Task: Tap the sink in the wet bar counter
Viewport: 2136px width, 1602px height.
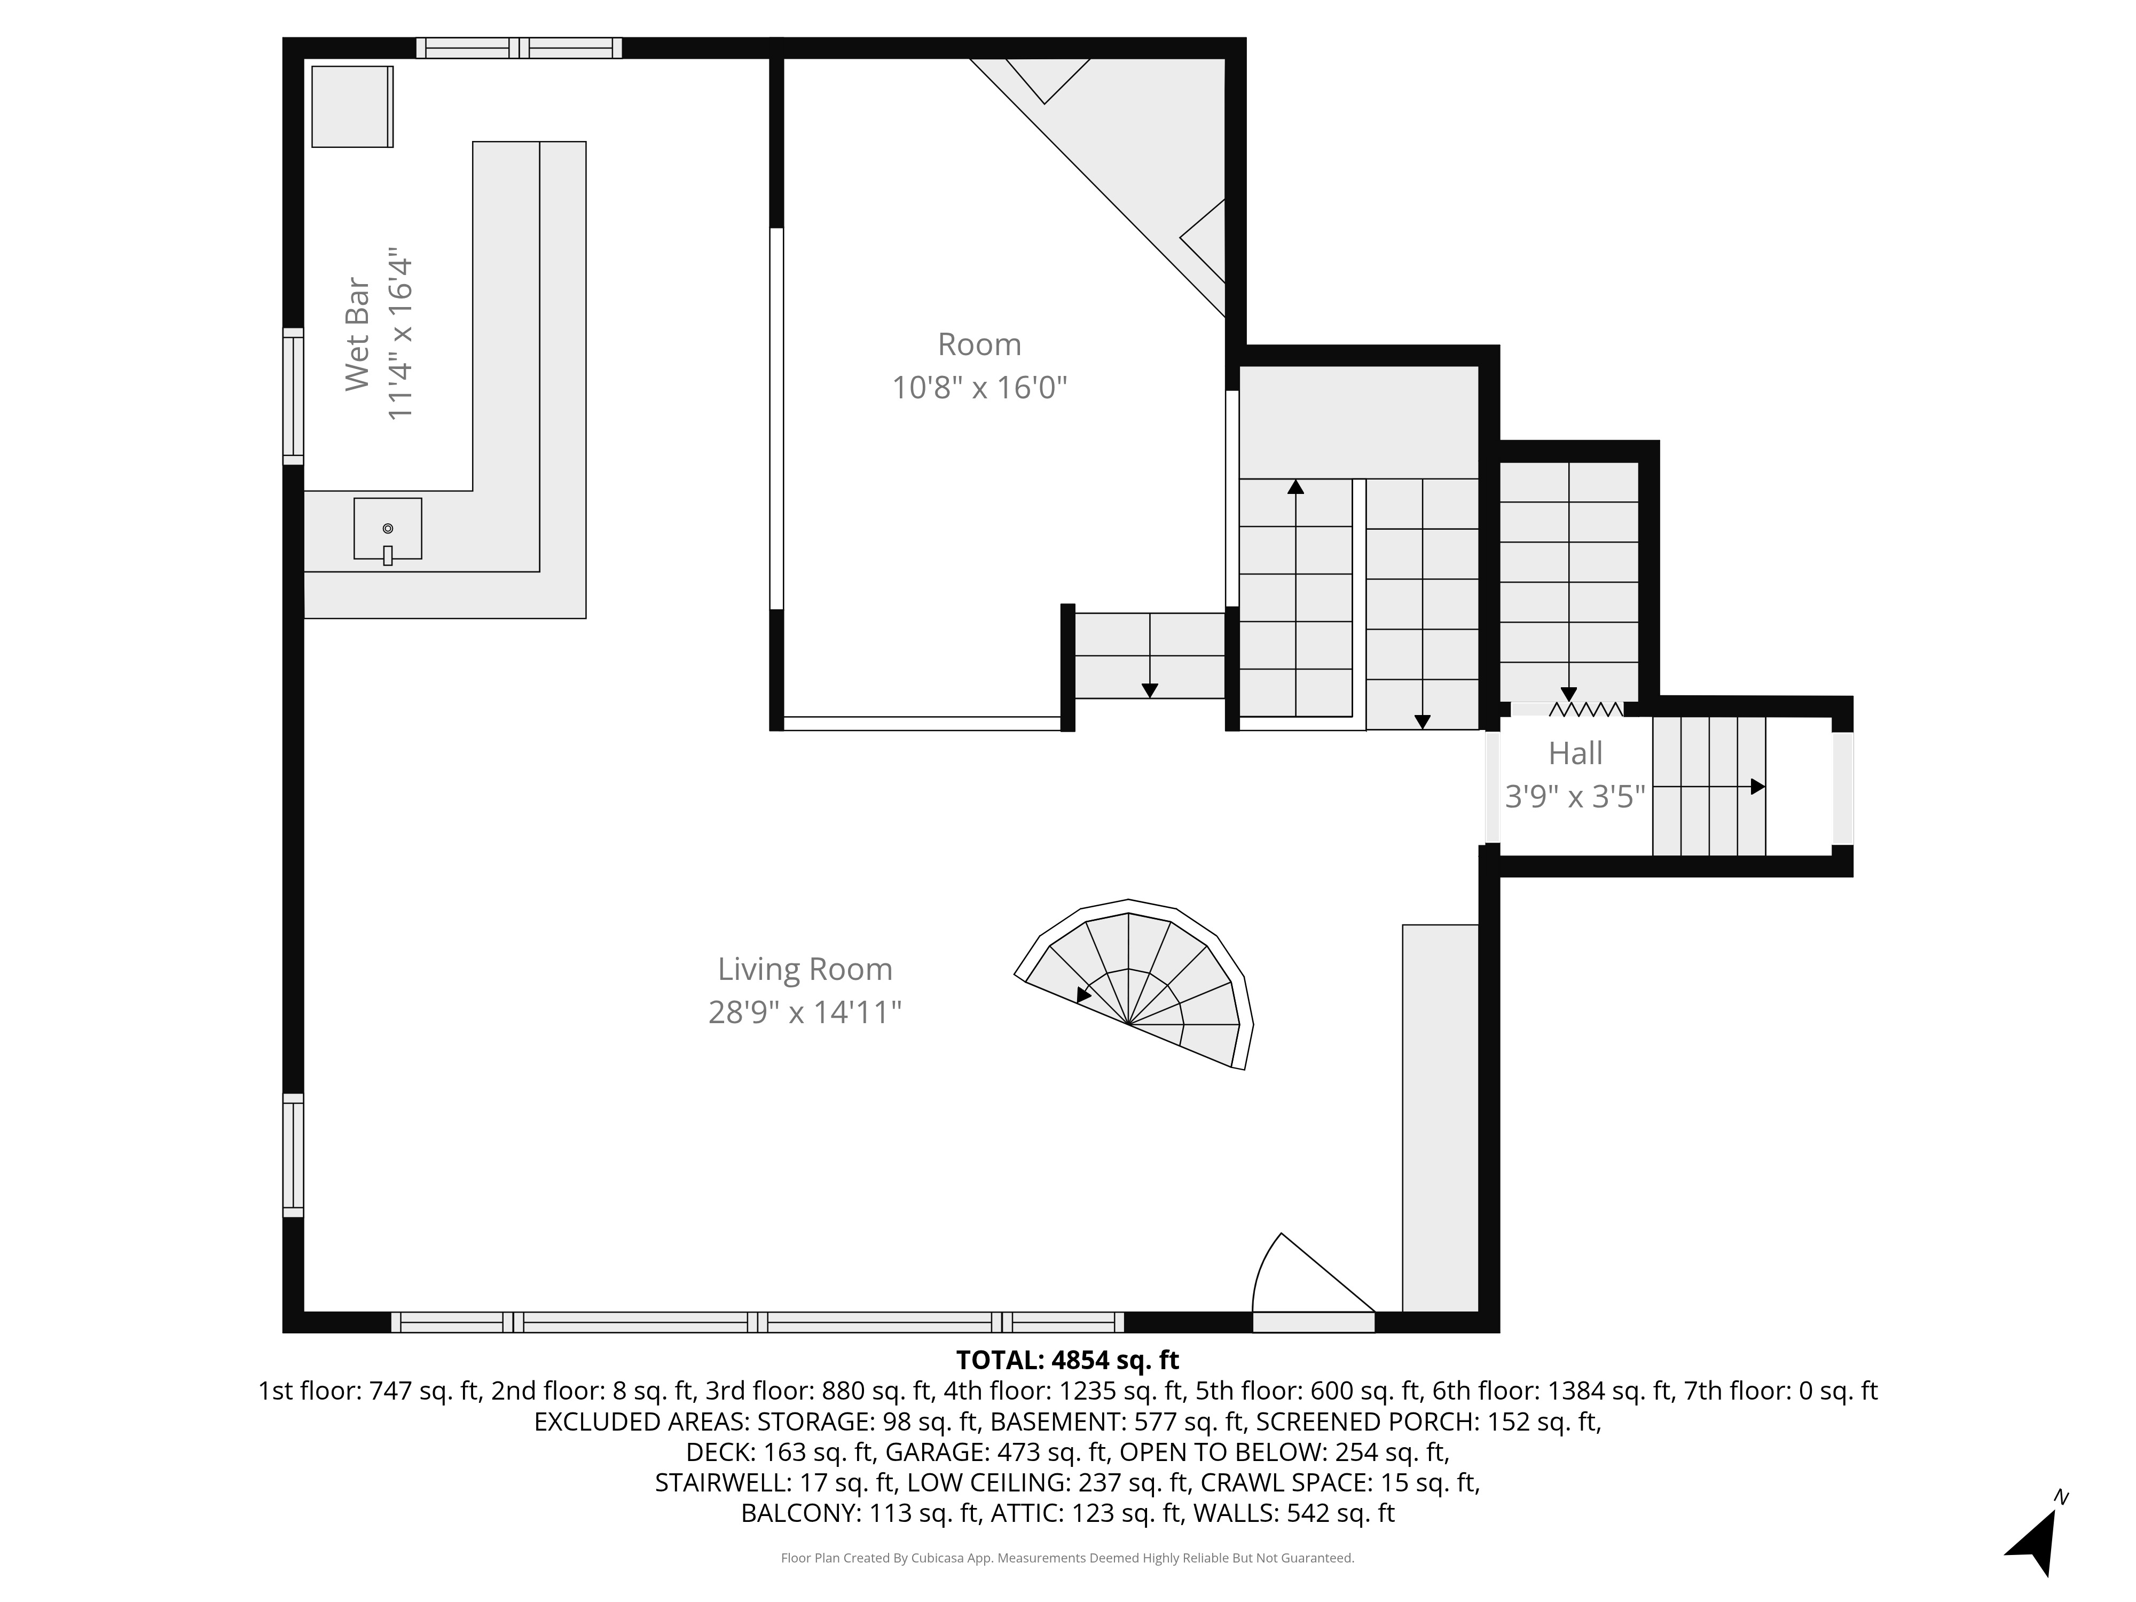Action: point(387,529)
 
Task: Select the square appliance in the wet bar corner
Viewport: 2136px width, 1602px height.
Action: point(351,106)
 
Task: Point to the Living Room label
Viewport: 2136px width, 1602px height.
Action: point(804,969)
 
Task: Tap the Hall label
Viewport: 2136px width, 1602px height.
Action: point(1575,753)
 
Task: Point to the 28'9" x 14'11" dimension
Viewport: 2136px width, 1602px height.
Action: point(804,1012)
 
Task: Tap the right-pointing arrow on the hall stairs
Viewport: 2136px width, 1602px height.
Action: point(1757,787)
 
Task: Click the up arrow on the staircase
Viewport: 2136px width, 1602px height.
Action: point(1295,488)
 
